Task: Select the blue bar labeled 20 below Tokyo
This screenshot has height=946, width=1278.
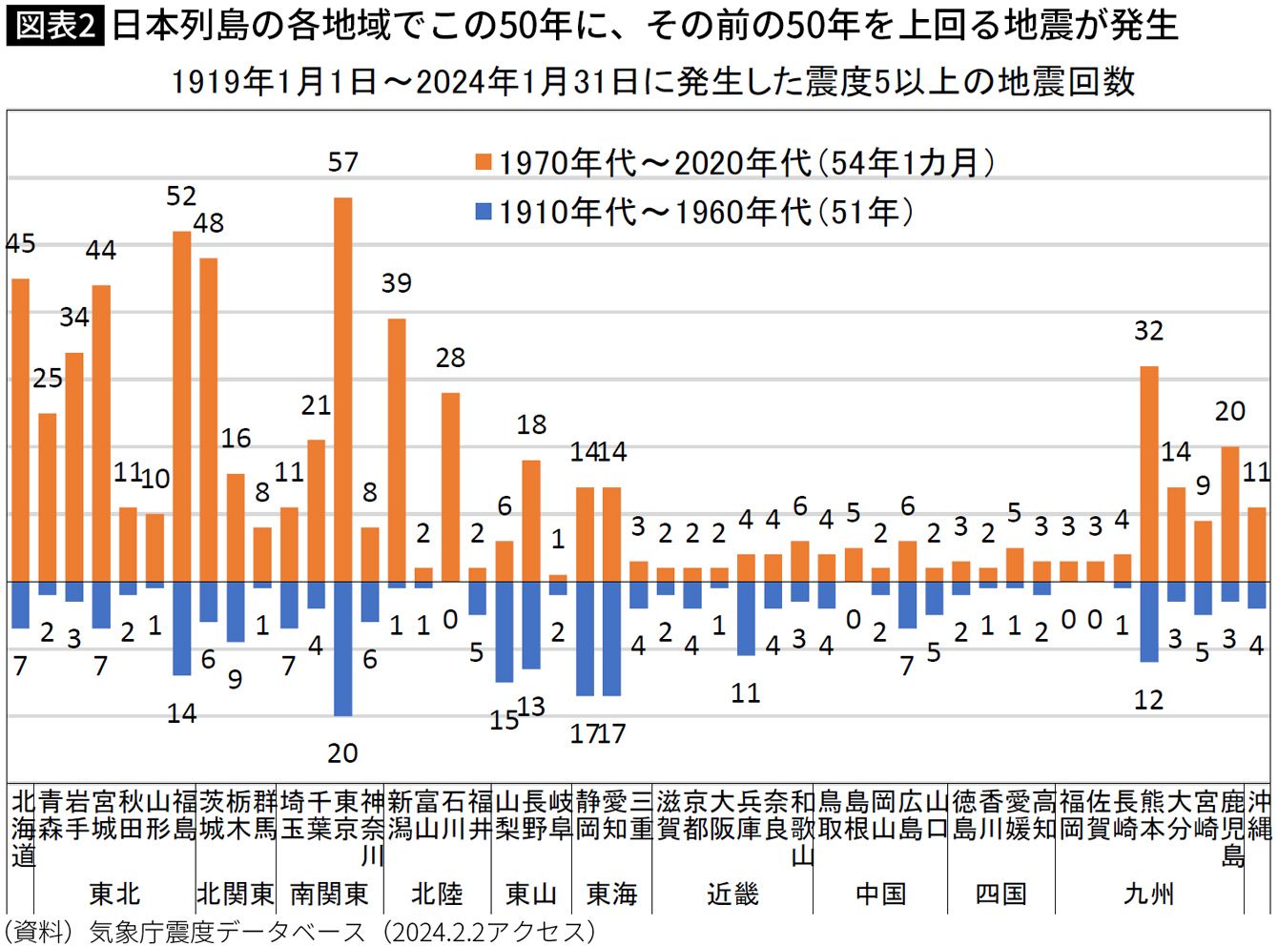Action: click(343, 648)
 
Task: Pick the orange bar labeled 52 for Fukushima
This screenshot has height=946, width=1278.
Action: click(181, 406)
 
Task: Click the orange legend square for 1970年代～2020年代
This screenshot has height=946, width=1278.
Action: click(484, 162)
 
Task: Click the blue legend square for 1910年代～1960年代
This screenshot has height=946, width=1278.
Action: click(484, 211)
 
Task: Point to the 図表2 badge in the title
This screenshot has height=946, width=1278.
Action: click(54, 26)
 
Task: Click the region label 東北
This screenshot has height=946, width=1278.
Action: click(114, 894)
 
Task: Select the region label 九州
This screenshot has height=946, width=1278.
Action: click(1149, 894)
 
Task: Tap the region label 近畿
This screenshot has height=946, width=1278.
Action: click(732, 894)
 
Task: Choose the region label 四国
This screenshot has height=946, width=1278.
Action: click(1000, 894)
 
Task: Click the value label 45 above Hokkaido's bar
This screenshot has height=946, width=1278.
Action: click(21, 244)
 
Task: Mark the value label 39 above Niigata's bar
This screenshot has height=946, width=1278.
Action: click(397, 283)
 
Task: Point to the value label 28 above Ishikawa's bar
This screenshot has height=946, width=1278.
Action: click(450, 358)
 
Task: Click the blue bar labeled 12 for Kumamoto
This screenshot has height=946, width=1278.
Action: click(1149, 622)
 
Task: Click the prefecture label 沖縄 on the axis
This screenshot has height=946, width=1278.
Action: click(1258, 815)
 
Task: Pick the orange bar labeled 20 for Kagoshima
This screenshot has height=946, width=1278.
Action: click(1230, 514)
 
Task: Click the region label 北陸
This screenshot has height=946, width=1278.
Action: click(437, 894)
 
